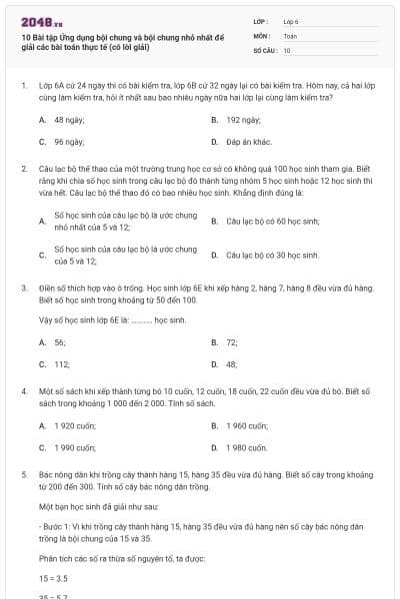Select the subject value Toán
(291, 35)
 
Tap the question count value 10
(287, 49)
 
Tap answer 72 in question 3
(232, 341)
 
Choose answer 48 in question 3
(232, 364)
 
